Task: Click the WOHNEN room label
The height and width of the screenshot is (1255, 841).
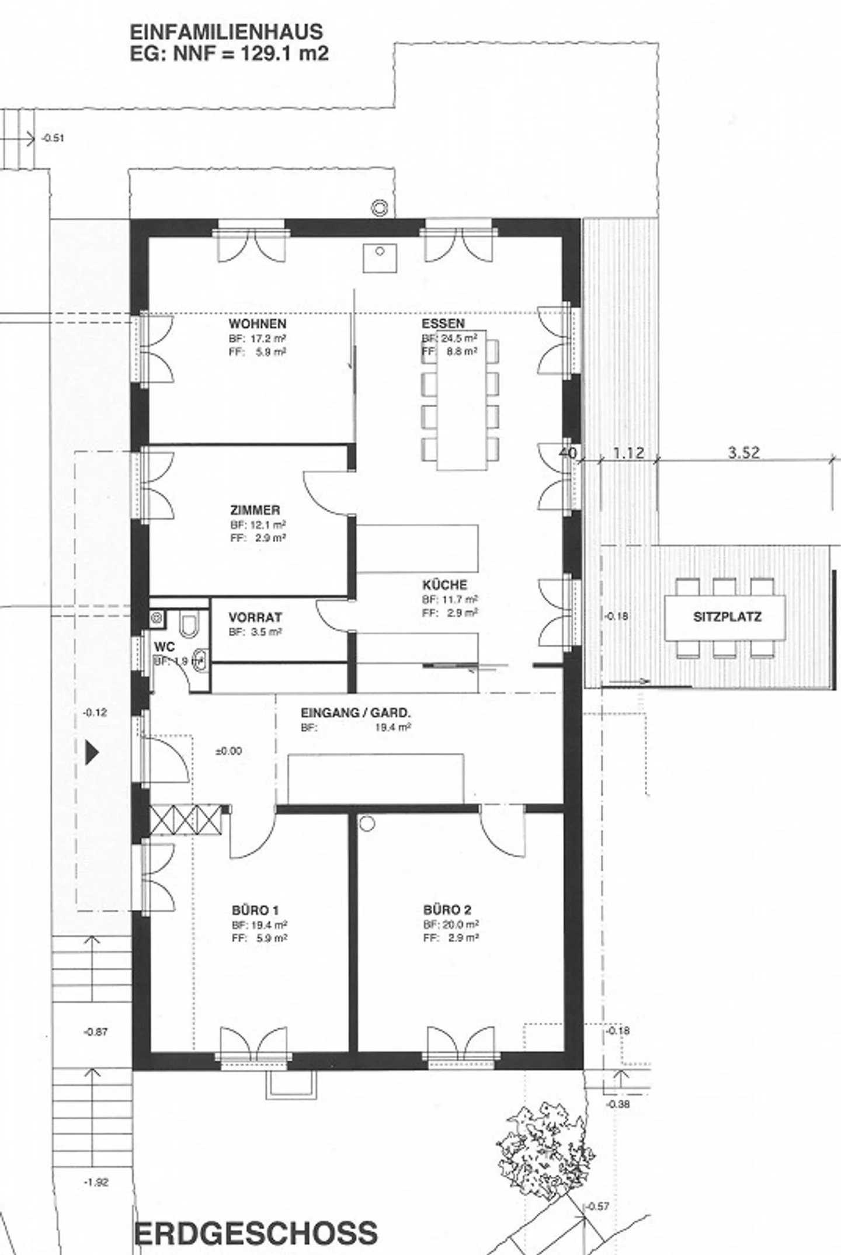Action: [257, 324]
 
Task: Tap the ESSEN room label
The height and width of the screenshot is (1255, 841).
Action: [443, 324]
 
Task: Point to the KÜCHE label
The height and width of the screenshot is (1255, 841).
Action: [444, 585]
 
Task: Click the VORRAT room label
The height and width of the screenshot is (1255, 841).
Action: [255, 617]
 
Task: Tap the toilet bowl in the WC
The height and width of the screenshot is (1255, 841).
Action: [189, 625]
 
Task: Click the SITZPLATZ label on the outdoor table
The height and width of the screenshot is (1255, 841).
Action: [727, 617]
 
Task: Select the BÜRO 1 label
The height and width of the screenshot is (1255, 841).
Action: [255, 910]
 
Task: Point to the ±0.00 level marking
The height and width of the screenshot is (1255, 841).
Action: [228, 751]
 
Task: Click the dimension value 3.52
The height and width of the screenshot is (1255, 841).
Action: [743, 453]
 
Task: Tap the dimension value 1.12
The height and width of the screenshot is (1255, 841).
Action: [628, 453]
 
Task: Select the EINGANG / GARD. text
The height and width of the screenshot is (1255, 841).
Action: [356, 712]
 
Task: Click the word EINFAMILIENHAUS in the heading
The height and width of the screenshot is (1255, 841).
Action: [226, 32]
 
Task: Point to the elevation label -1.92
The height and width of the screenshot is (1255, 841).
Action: [96, 1166]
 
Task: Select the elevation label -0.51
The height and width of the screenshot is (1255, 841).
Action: [53, 138]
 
